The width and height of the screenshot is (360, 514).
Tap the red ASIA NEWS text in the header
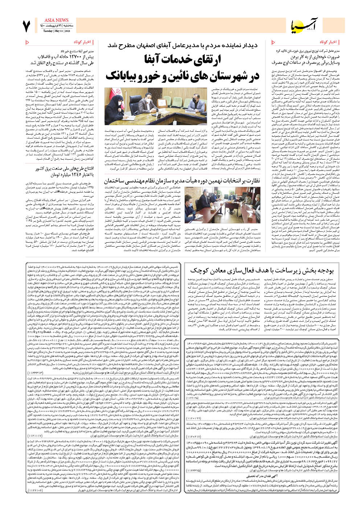56,20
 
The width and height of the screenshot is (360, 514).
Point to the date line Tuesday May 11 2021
56,31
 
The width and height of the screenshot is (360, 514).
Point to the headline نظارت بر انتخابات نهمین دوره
182,181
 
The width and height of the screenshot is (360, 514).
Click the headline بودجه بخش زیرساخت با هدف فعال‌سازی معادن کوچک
262,270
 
